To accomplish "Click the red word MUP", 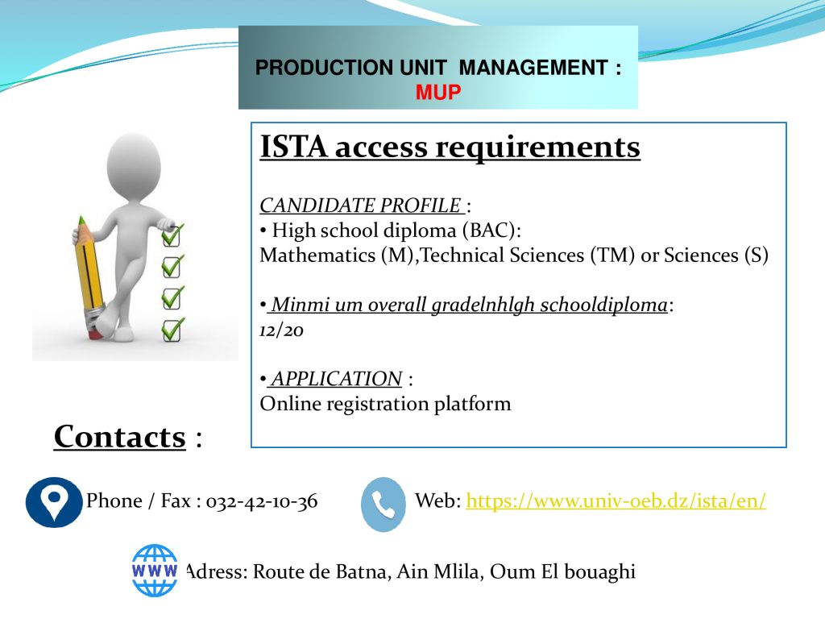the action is click(437, 92).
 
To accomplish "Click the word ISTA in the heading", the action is click(293, 147).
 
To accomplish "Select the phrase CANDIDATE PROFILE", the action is click(360, 206).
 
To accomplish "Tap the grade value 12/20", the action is click(281, 330).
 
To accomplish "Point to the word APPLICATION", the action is click(337, 379).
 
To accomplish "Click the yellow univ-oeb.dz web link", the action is click(616, 500).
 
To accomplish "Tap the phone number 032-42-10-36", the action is click(262, 501).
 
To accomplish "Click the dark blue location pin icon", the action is click(54, 502).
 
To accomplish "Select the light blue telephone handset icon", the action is click(383, 505).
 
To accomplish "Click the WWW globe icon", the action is click(154, 571).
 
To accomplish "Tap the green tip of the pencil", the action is click(81, 220).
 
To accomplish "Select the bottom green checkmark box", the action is click(172, 330).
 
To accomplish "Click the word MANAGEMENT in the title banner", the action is click(533, 68).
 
